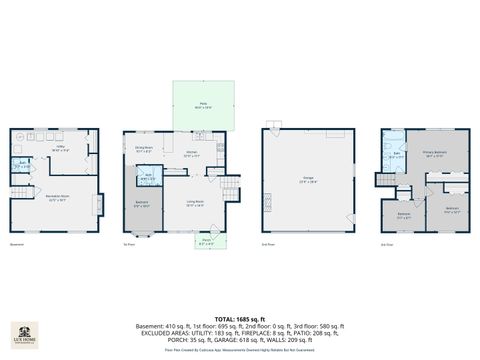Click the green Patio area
tap(203, 105)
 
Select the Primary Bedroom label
tap(433, 154)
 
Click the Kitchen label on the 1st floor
tap(177, 155)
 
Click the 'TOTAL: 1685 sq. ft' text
tap(239, 318)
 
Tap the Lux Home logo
tap(25, 333)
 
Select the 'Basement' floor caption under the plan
tap(16, 244)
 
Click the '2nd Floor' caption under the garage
tap(267, 244)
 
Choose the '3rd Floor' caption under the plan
tap(386, 244)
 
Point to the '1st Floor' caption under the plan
tap(128, 244)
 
